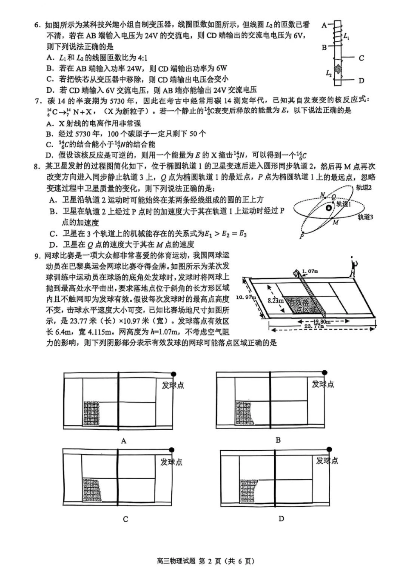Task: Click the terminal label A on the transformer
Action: pos(324,25)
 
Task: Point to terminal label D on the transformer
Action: pos(361,80)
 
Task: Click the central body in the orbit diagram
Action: pos(329,208)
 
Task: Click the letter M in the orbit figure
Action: pos(336,222)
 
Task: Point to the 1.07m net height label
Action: pos(310,271)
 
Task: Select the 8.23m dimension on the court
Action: pos(276,300)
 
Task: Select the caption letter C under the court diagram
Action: pos(125,519)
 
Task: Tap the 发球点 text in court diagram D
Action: pos(327,460)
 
